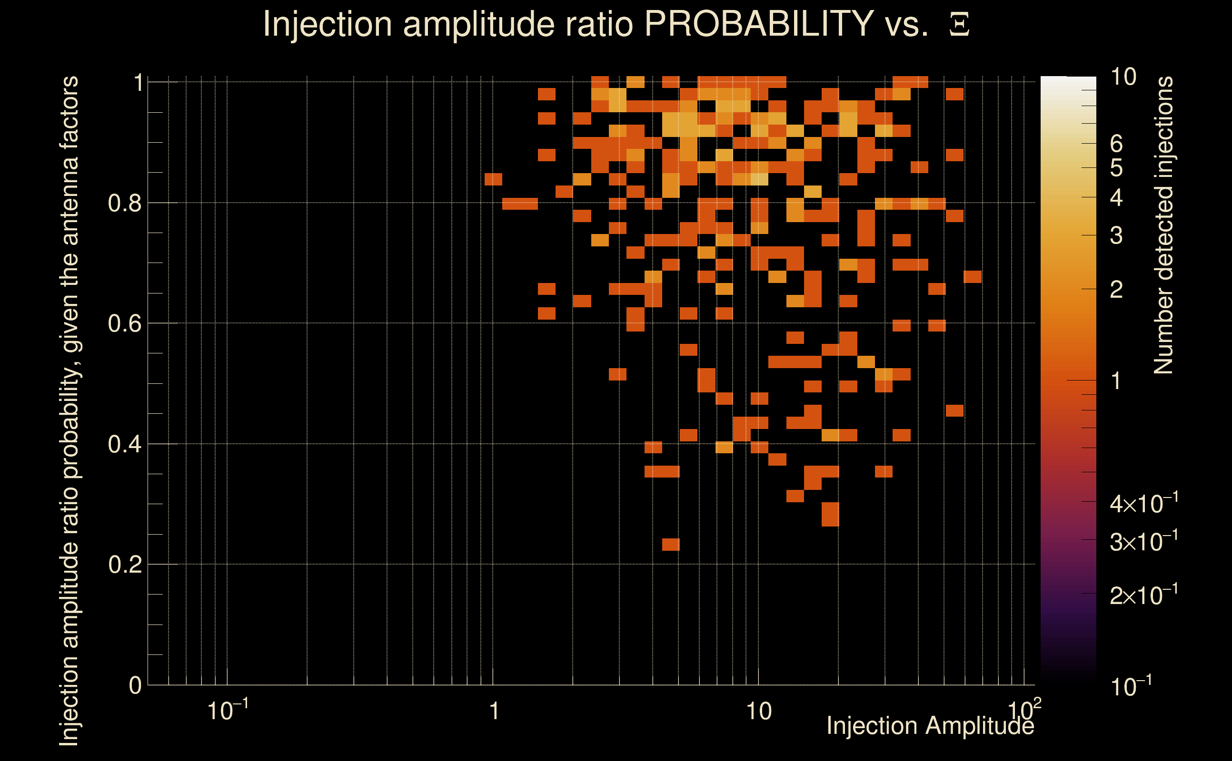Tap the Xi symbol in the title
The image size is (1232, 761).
(959, 25)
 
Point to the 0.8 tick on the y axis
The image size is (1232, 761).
(124, 204)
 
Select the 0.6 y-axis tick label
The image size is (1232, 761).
(124, 323)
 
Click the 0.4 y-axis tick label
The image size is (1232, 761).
(124, 444)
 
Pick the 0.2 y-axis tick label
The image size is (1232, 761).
(124, 565)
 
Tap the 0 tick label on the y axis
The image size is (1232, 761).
(135, 685)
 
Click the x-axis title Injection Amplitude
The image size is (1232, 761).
(930, 726)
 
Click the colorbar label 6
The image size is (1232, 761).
(1116, 145)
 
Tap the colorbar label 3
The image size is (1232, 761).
(1116, 235)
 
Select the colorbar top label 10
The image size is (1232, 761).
(1123, 77)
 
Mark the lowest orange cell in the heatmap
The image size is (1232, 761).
(670, 545)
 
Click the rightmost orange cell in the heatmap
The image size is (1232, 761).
(973, 277)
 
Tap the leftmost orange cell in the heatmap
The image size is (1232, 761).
(493, 179)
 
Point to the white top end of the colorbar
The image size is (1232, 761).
(1068, 80)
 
